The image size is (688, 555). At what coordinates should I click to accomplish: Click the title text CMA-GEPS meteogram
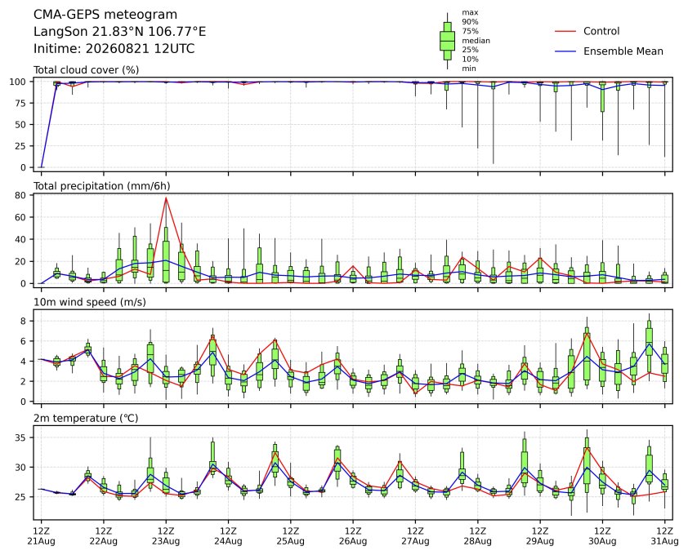105,15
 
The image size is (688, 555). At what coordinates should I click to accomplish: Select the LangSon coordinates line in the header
120,32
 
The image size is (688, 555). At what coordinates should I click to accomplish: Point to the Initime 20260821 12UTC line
114,48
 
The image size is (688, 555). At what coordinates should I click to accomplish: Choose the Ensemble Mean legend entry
609,51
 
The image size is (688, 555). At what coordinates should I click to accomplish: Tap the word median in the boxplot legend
476,40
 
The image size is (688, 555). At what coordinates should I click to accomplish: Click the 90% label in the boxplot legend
470,21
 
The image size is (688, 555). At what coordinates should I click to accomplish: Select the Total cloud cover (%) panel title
87,70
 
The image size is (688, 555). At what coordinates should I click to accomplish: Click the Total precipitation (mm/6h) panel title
102,186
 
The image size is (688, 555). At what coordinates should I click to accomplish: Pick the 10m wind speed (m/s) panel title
90,302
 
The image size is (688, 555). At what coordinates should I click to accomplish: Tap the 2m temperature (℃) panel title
86,418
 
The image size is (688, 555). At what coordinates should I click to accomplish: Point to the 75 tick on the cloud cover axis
21,103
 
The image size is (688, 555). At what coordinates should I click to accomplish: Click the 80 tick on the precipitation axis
21,195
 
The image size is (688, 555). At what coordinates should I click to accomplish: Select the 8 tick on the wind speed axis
24,322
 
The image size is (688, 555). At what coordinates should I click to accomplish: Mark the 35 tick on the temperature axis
21,438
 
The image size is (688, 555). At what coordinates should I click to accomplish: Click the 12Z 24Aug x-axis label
228,536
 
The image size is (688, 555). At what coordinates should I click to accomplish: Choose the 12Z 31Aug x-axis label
665,536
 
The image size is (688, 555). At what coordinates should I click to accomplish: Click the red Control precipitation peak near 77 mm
166,198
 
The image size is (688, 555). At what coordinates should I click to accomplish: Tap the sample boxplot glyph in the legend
447,40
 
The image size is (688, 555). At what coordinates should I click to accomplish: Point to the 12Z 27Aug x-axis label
415,536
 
